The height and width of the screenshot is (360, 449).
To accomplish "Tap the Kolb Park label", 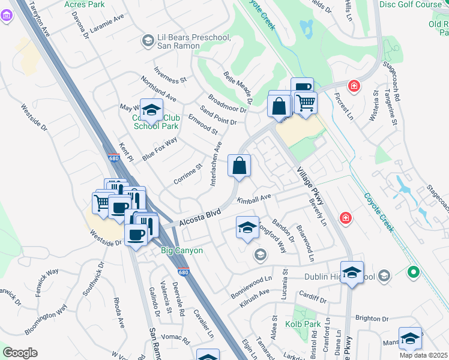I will click(308, 324).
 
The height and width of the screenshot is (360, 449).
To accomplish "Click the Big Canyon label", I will click(182, 250).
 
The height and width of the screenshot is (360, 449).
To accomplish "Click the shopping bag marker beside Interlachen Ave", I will click(239, 166).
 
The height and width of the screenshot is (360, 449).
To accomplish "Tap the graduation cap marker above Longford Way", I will click(247, 227).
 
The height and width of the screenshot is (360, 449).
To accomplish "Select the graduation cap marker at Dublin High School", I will click(352, 272).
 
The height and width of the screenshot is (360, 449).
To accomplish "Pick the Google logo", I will click(20, 353).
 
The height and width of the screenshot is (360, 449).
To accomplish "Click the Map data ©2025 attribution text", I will click(423, 355).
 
